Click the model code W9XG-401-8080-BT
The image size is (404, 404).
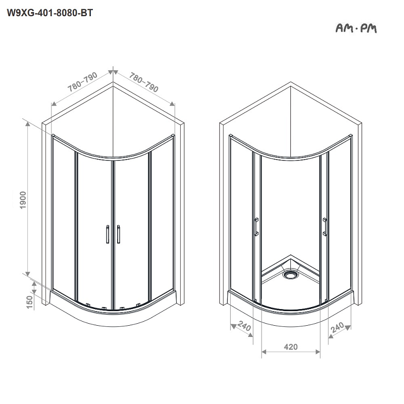click(x=49, y=13)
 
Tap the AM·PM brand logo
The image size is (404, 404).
click(x=356, y=28)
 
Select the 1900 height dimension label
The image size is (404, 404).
click(x=23, y=200)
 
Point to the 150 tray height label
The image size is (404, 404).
click(x=30, y=302)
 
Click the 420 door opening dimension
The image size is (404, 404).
click(x=291, y=347)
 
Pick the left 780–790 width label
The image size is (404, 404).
click(x=82, y=82)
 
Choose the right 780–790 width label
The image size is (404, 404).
click(x=143, y=82)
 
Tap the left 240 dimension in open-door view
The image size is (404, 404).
click(x=244, y=326)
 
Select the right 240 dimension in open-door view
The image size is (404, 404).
click(x=337, y=327)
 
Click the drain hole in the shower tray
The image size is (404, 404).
click(x=290, y=274)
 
